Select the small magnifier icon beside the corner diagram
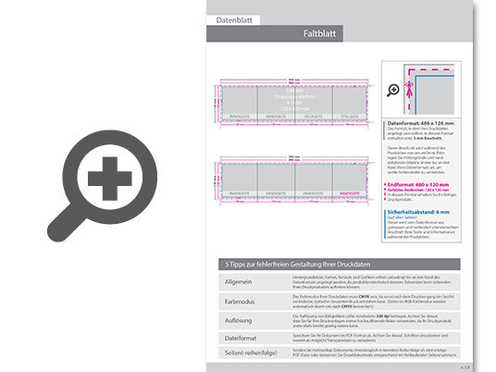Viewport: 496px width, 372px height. click(x=393, y=90)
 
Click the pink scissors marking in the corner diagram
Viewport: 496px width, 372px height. click(x=415, y=80)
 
